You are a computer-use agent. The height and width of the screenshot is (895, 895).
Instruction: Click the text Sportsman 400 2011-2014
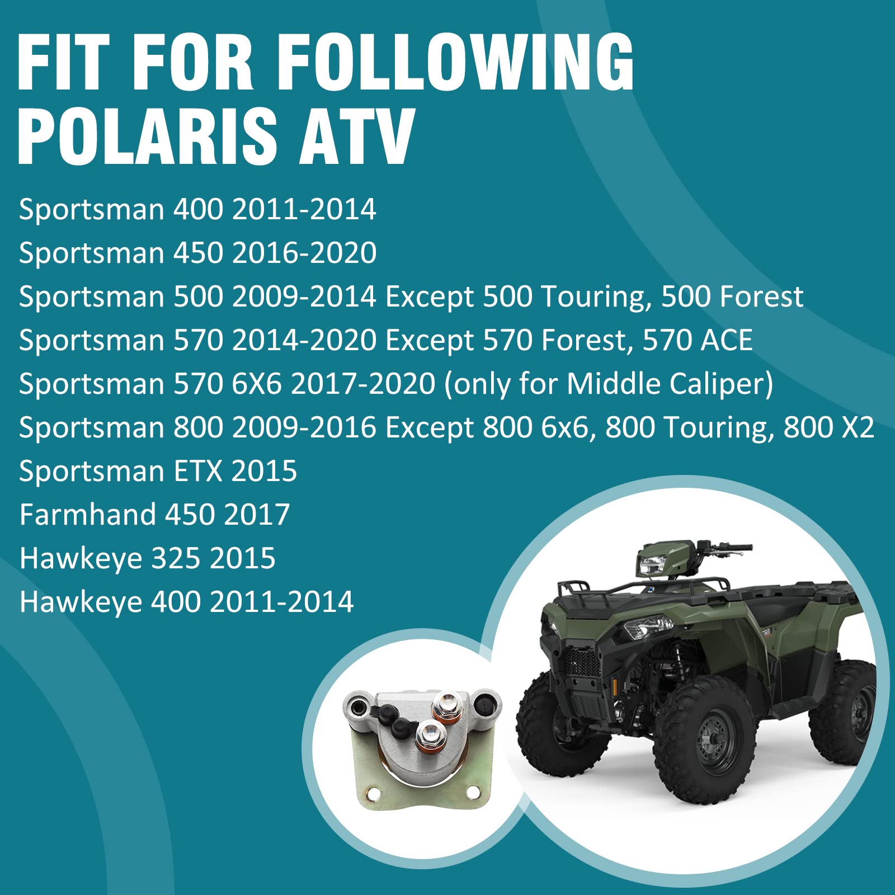[197, 210]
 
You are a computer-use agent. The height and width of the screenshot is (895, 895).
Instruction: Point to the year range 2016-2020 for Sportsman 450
[304, 253]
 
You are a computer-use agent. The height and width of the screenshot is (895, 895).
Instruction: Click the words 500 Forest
[732, 296]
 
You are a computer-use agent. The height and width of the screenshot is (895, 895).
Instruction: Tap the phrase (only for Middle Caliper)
[609, 384]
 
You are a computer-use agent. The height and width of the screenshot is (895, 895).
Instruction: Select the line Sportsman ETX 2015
[158, 471]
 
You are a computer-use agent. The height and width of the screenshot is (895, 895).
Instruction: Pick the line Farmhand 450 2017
[154, 515]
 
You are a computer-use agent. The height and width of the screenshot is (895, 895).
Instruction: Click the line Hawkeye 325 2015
[148, 558]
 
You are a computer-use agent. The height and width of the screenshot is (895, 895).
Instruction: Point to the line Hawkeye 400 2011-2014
[186, 602]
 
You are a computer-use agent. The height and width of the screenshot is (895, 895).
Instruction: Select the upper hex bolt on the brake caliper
[447, 703]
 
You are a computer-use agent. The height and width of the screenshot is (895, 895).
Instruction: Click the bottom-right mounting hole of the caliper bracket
[474, 792]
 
